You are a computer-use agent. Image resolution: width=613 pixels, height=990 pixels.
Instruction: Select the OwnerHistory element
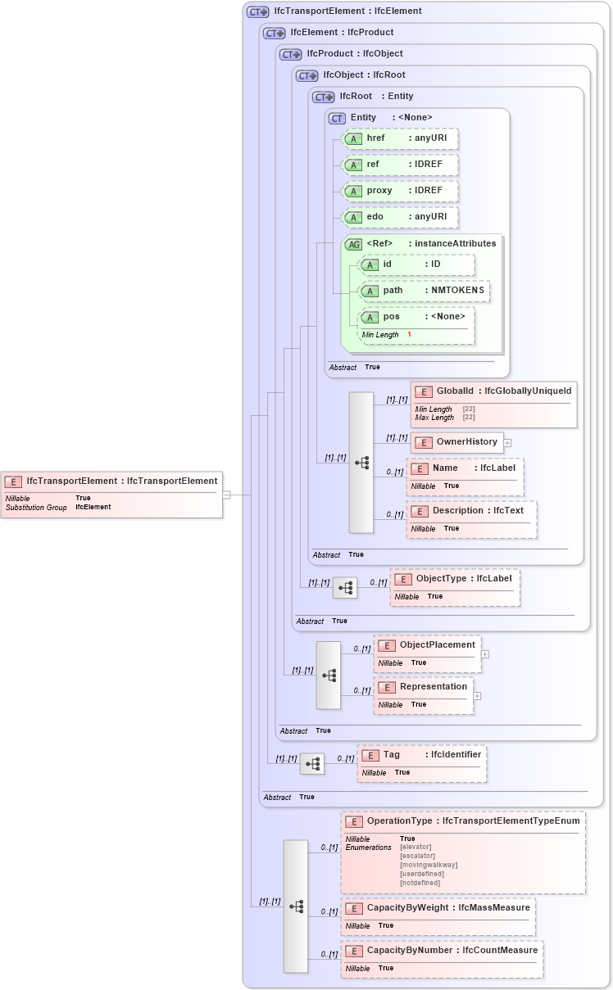point(457,442)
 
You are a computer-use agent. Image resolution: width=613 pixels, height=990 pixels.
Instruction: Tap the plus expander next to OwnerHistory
point(507,443)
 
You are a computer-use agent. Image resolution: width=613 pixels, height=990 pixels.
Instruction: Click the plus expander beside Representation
point(477,696)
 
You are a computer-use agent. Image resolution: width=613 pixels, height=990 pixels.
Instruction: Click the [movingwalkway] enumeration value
point(429,865)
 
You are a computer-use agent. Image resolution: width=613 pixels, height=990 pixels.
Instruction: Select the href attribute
point(399,138)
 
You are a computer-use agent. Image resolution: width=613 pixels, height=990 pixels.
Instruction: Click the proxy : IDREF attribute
point(399,191)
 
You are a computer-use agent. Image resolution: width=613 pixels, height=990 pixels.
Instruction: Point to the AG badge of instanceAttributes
point(354,244)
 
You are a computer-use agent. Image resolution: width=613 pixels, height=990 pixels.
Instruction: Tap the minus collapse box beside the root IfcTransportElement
point(226,495)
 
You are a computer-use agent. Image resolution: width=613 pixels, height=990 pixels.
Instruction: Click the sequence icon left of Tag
point(312,764)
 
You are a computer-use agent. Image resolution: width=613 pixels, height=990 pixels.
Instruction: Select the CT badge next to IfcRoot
point(324,97)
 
